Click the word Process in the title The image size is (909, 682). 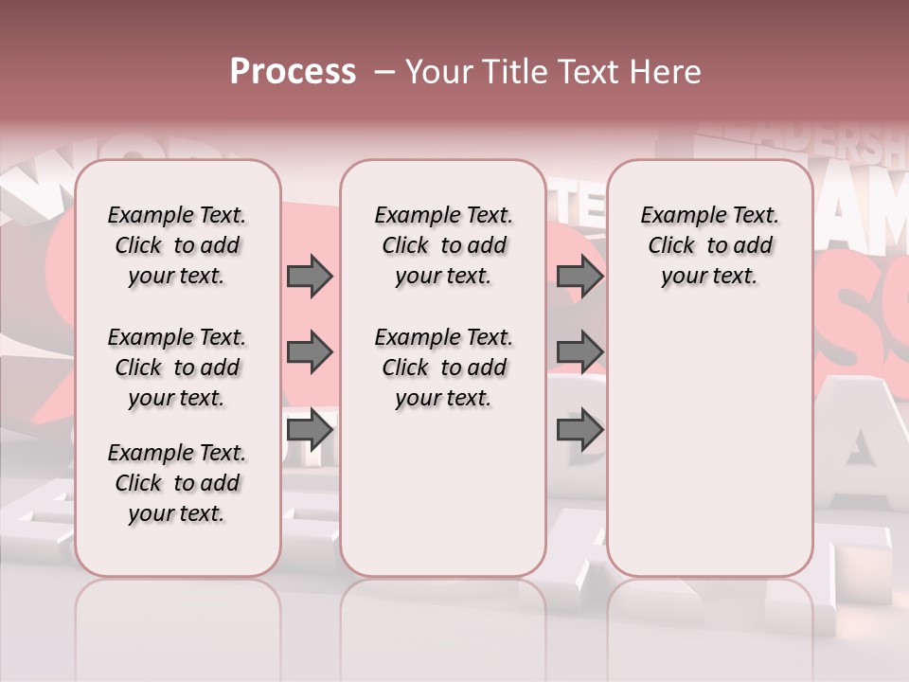293,72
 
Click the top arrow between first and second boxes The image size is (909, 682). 309,276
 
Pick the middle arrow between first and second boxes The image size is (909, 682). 309,353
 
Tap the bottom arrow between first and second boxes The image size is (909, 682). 309,430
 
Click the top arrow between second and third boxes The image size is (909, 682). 579,276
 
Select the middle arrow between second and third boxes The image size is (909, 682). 579,353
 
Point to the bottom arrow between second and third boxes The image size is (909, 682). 579,430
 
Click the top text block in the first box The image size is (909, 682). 177,245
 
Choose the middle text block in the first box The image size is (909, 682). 177,368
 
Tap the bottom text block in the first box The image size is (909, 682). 177,483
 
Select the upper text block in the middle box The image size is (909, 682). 443,245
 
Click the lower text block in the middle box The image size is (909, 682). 443,368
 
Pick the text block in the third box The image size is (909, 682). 709,245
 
